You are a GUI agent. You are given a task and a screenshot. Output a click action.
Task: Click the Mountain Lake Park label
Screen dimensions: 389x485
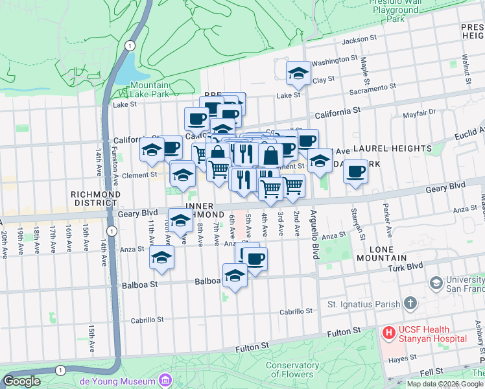(x=149, y=89)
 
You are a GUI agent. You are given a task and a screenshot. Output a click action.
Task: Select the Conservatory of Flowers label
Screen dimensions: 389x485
(x=292, y=370)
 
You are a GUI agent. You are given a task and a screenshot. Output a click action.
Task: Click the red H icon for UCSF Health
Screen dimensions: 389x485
(x=388, y=333)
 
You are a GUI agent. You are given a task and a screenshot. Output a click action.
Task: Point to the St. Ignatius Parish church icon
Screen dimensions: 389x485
(x=410, y=303)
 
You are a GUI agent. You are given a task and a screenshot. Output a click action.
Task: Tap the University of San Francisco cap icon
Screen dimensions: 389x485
(x=436, y=283)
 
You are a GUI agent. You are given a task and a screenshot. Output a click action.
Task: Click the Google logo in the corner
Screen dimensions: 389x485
(x=21, y=381)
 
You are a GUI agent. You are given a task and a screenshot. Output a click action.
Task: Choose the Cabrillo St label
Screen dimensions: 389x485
(x=146, y=320)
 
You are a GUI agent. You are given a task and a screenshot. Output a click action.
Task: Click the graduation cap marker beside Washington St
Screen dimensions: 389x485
(x=298, y=73)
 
